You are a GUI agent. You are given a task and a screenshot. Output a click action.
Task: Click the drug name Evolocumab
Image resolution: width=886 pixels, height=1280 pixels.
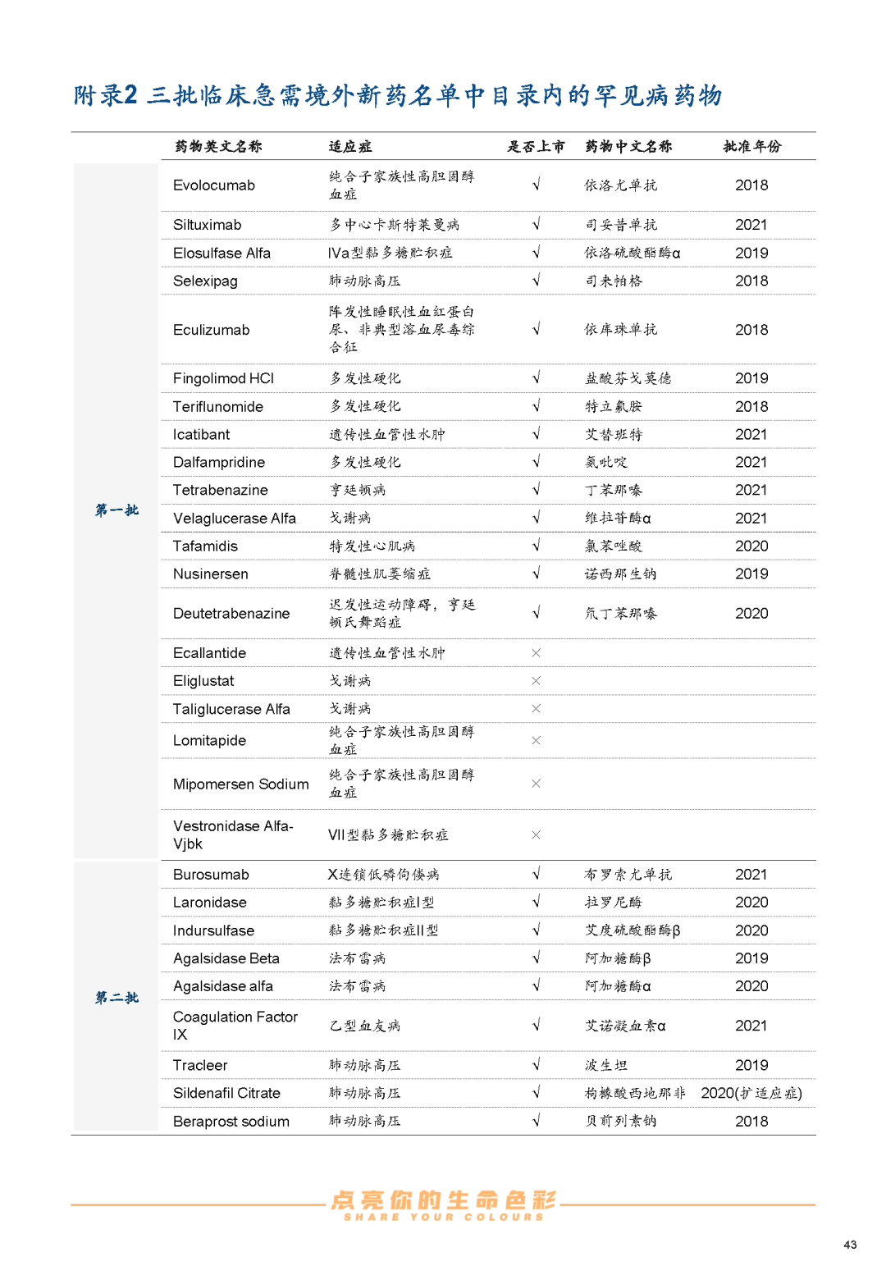(214, 185)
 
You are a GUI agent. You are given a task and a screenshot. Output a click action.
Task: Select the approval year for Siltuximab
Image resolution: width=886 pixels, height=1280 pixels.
(751, 225)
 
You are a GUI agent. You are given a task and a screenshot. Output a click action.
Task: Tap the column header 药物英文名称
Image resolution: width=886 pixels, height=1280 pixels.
(218, 146)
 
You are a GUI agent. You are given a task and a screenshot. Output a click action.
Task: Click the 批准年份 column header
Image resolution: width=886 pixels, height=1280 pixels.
(751, 146)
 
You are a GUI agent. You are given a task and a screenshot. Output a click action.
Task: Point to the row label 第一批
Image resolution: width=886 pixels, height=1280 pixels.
(116, 510)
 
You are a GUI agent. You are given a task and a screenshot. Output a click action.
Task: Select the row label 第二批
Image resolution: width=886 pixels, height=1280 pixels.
(116, 998)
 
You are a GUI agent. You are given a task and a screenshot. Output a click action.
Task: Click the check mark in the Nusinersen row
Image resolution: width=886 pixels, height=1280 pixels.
(536, 574)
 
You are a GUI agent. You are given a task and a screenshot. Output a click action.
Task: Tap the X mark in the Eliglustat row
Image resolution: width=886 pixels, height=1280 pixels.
(536, 681)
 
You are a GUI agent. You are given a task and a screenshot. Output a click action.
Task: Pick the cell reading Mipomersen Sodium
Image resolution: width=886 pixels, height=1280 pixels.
(241, 784)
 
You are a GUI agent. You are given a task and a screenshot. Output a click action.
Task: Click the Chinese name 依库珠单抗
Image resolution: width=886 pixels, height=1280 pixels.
(621, 330)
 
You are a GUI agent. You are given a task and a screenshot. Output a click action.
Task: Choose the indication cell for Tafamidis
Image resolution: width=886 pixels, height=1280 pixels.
(372, 546)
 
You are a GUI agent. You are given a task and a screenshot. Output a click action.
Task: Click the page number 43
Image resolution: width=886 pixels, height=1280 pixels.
(850, 1245)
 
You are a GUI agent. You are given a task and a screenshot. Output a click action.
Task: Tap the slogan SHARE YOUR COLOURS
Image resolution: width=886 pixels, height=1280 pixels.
(443, 1217)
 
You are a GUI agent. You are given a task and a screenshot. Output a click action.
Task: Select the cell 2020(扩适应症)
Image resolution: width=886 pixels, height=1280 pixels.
(751, 1093)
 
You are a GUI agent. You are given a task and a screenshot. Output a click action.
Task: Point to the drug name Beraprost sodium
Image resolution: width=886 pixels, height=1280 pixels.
(231, 1122)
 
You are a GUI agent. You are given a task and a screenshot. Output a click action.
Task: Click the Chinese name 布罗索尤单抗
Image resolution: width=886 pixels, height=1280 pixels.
(628, 875)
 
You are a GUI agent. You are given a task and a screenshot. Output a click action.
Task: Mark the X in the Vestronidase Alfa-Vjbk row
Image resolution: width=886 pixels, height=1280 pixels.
(536, 835)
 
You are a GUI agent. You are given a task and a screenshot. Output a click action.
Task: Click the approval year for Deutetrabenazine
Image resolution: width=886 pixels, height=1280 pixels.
(751, 614)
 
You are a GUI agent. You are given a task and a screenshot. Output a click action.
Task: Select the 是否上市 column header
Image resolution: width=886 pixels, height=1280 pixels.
(536, 146)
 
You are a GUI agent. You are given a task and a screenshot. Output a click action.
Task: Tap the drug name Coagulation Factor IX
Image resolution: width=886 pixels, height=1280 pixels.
(235, 1026)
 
